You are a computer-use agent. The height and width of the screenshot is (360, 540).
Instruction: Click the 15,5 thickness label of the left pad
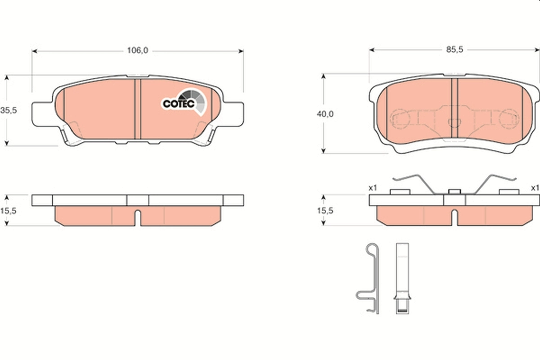point(9,210)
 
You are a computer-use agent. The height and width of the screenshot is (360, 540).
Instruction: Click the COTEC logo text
point(178,104)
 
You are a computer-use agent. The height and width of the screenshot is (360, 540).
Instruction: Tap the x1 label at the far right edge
point(534,188)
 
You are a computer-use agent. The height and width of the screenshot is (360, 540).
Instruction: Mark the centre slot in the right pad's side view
point(454,217)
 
